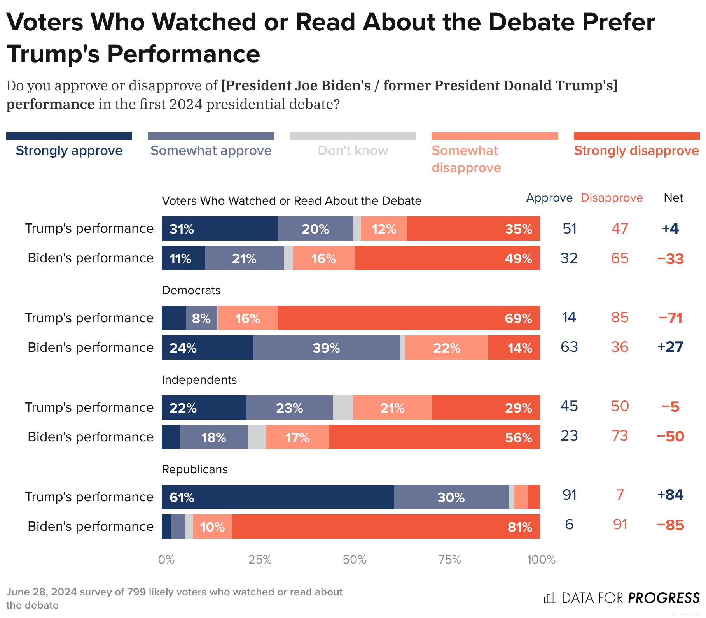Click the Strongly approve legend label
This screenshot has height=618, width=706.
coord(69,151)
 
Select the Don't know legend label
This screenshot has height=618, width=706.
coord(353,151)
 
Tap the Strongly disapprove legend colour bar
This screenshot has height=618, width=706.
coord(636,136)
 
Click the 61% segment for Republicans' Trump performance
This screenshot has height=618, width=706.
coord(278,497)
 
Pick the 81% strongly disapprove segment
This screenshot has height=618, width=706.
coord(386,527)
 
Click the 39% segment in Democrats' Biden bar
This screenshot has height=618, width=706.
coord(326,348)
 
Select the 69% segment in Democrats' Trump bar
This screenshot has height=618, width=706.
coord(409,318)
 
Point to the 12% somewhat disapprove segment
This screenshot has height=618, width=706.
coord(384,228)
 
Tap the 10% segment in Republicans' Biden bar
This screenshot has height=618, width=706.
coord(212,527)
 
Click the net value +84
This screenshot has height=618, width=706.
coord(670,495)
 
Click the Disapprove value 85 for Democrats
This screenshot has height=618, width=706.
coord(620,318)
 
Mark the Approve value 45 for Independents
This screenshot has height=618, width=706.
coord(569,406)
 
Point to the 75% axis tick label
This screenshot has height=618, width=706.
coord(449,560)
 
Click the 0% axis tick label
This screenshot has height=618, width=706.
coord(166,560)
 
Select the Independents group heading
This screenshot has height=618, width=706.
coord(199,380)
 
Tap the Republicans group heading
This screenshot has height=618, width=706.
coord(194,469)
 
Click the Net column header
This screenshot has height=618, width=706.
coord(673,198)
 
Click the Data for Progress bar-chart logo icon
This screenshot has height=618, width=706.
coord(550,597)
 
